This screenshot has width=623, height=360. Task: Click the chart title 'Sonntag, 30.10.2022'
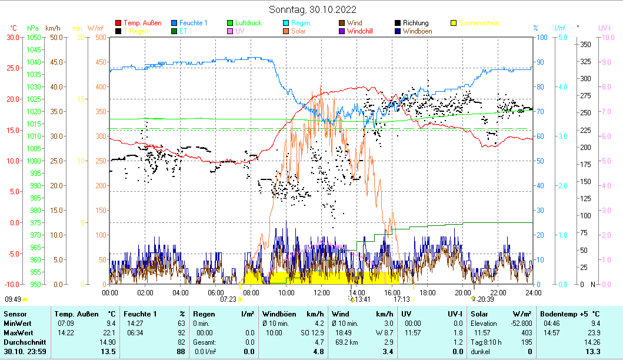[312, 9]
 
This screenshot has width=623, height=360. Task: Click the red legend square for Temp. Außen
[118, 23]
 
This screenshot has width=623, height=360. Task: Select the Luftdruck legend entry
[248, 23]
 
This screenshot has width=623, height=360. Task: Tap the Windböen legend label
[419, 31]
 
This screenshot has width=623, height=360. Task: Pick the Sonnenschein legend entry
[478, 23]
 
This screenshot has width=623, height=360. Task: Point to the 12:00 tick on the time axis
[322, 292]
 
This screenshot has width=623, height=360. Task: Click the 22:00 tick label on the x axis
[498, 292]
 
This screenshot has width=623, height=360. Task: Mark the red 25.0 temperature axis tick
[13, 68]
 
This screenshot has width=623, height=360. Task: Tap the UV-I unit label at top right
[604, 28]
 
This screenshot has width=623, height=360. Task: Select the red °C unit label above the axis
[14, 28]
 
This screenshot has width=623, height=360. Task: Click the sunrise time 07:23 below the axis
[228, 299]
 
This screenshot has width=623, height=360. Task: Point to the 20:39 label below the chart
[485, 299]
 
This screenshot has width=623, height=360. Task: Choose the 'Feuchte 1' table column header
[141, 314]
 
